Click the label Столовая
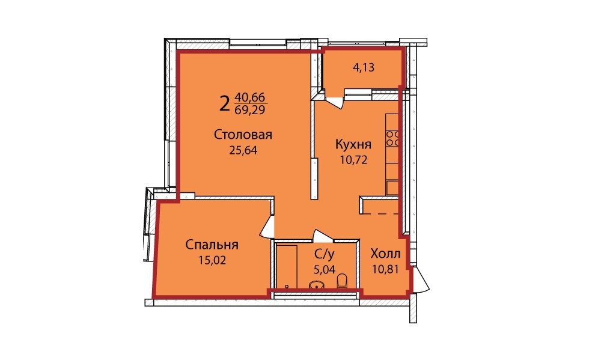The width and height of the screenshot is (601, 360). pos(243,135)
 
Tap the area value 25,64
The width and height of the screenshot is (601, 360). pos(243,150)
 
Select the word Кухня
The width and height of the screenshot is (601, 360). pos(353,144)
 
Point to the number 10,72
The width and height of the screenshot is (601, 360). pos(353,159)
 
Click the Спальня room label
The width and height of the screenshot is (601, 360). pos(212,245)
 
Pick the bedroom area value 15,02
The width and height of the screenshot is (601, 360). pos(212,260)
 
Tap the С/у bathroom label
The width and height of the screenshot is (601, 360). pos(325,254)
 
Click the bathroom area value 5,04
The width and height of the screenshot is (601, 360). pos(325,269)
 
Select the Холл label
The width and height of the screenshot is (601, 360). pos(385,254)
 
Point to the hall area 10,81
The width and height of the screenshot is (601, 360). pos(385,269)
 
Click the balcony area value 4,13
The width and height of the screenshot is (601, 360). pos(364,67)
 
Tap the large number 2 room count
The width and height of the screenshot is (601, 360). pos(225,103)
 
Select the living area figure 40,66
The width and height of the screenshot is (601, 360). pos(251,97)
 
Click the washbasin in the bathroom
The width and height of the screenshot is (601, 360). pos(316,285)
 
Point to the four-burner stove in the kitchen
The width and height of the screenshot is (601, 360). pos(392,138)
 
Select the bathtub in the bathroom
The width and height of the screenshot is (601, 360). pos(287,266)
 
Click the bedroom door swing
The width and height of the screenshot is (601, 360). pos(267,228)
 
